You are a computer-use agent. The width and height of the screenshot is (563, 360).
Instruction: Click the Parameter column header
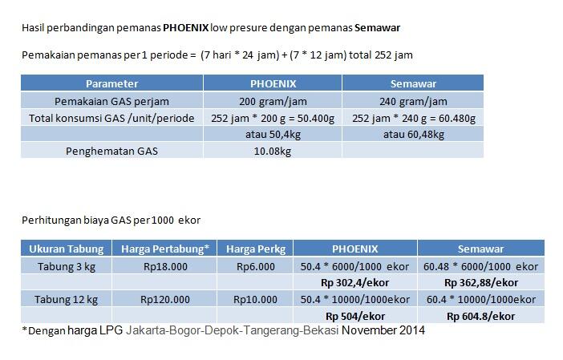[111, 83]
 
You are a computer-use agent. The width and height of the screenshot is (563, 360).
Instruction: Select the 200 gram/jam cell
[273, 101]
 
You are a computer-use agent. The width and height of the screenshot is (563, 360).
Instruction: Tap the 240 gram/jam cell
[413, 101]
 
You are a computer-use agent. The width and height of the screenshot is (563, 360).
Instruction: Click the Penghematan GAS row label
[111, 150]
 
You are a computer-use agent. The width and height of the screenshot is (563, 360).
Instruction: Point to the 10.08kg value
[273, 150]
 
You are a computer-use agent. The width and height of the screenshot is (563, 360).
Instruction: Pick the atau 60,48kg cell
[414, 134]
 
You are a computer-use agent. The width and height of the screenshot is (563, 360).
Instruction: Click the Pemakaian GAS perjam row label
[111, 101]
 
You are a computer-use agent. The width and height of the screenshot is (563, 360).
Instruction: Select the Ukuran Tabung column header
[67, 249]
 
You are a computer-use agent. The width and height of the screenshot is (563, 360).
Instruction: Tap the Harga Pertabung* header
[164, 249]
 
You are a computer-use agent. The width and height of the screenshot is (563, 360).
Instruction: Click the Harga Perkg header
[255, 249]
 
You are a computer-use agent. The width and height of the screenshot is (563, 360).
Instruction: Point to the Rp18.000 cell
[164, 266]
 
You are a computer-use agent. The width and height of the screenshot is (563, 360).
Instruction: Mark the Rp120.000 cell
[164, 299]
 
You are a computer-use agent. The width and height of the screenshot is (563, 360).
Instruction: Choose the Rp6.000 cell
[256, 266]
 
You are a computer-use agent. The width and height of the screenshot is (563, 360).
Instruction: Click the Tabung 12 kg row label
[67, 299]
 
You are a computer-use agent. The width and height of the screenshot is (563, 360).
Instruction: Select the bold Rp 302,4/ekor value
[354, 283]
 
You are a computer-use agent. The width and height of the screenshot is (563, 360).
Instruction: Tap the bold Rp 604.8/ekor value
[480, 316]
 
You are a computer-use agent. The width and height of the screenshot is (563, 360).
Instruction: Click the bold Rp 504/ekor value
[354, 316]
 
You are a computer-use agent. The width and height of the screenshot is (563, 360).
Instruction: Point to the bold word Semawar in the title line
[378, 28]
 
